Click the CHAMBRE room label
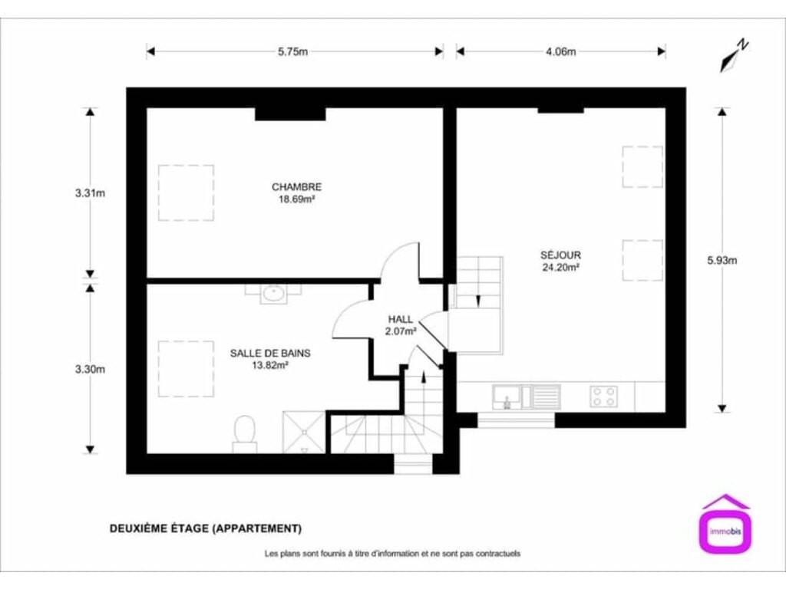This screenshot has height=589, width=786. point(297,187)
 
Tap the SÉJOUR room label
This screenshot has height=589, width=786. point(560,255)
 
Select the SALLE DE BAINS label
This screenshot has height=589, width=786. point(270,353)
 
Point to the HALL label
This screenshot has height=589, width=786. point(401,319)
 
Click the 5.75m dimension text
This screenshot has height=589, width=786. point(293,51)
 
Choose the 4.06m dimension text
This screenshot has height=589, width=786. point(561,51)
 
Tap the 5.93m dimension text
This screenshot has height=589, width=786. point(722,261)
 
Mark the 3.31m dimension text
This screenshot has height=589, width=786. point(91,192)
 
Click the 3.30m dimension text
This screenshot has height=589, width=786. point(91,370)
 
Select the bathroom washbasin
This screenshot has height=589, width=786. point(273,294)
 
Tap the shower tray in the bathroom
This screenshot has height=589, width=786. point(304,433)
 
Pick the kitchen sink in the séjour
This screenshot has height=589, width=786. point(527,398)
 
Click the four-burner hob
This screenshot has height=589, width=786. point(603,396)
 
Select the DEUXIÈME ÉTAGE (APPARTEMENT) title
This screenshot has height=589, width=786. point(206,528)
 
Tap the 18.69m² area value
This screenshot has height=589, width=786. point(297,199)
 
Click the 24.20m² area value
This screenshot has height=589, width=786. point(561,268)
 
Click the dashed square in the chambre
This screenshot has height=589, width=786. point(186,166)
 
